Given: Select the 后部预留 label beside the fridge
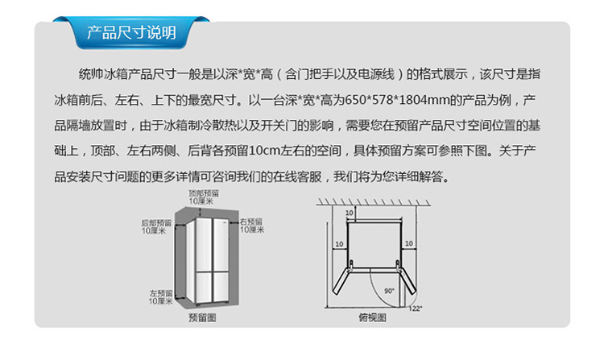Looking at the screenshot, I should [156, 226].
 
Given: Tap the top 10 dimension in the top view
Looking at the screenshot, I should [350, 213].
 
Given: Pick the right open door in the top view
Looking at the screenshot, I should [407, 282].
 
